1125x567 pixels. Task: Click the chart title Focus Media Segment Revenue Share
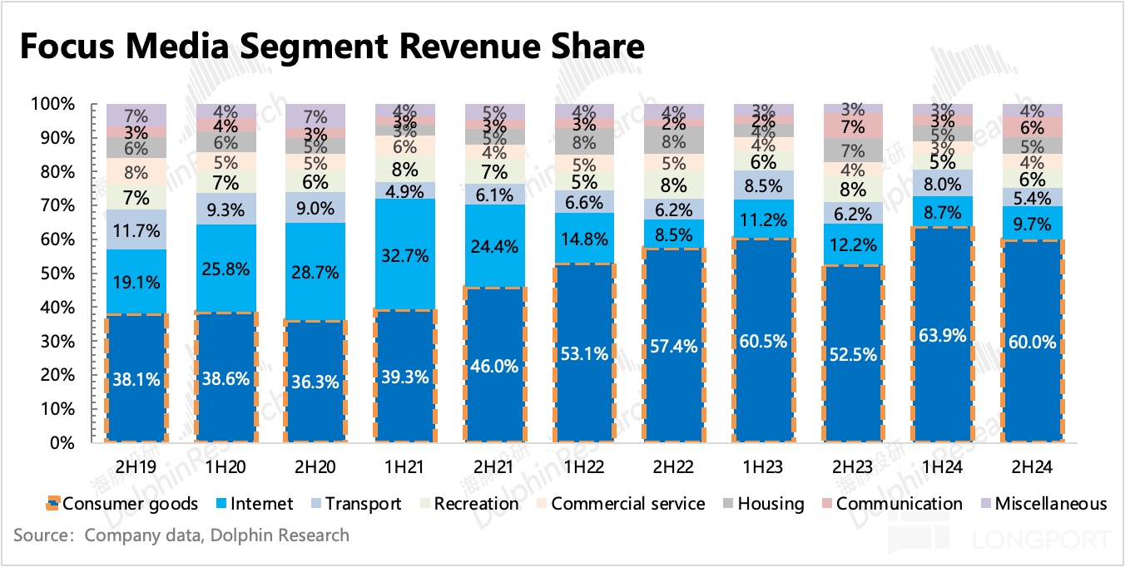point(331,47)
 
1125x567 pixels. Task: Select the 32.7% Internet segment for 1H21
point(405,255)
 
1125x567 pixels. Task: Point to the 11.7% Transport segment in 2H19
point(136,229)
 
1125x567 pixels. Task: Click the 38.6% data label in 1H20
point(225,377)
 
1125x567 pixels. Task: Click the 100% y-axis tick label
point(54,104)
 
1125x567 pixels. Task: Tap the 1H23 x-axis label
point(764,468)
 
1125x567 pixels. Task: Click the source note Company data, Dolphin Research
point(181,535)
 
